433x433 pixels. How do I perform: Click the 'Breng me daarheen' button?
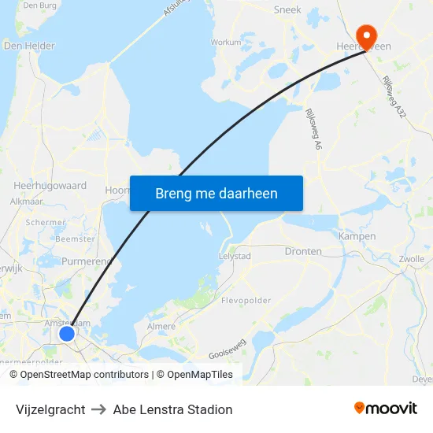(x=216, y=193)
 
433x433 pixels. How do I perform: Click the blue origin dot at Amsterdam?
(x=67, y=334)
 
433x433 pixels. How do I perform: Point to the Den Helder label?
(x=29, y=46)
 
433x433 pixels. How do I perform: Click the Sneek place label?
(x=287, y=10)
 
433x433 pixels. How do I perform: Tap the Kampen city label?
(x=357, y=236)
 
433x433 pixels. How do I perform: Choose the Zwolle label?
(x=412, y=259)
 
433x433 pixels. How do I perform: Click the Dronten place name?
(x=303, y=252)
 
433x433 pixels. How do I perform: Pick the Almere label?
(x=161, y=326)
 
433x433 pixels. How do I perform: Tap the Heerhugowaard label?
(x=50, y=186)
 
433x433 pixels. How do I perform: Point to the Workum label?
(x=226, y=43)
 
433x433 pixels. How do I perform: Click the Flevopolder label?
(x=246, y=301)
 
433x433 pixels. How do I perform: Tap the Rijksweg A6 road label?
(x=309, y=129)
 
